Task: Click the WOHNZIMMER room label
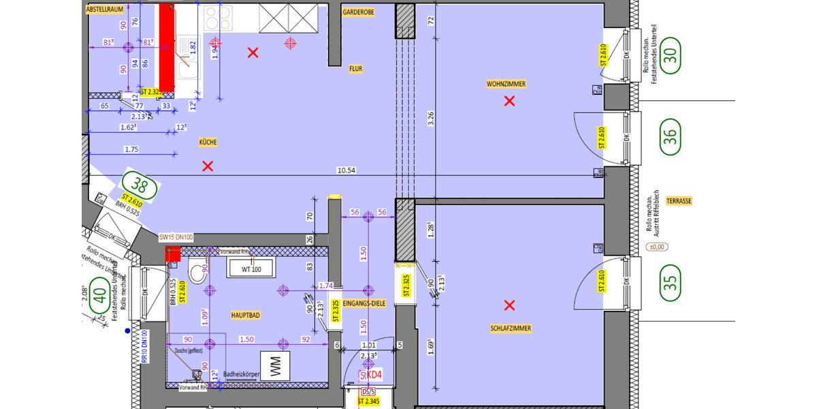click(x=506, y=84)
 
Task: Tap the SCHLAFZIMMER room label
click(x=511, y=328)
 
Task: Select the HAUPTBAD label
click(x=246, y=316)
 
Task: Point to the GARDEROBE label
click(x=359, y=12)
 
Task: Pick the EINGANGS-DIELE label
click(x=364, y=302)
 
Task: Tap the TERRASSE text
click(x=679, y=201)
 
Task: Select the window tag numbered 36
click(x=670, y=134)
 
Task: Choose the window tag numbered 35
click(x=670, y=281)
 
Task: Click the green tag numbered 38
click(x=140, y=184)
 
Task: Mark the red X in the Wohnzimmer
click(x=509, y=102)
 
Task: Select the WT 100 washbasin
click(x=250, y=269)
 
